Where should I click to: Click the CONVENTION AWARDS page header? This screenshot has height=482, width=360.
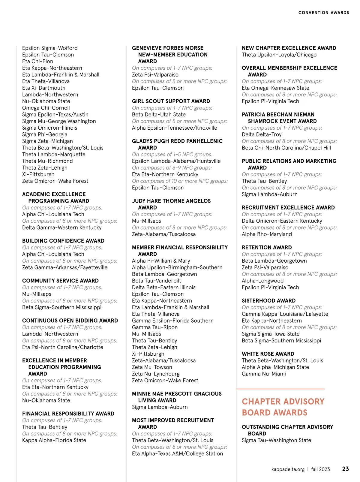tap(323, 13)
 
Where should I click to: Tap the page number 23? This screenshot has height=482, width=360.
tap(345, 469)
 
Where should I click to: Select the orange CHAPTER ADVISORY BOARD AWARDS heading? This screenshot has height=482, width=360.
tap(283, 407)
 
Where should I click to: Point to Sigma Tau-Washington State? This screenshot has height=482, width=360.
tap(276, 440)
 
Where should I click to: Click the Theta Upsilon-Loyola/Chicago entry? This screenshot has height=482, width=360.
tap(279, 55)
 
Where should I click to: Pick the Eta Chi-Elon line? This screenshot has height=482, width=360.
tap(37, 61)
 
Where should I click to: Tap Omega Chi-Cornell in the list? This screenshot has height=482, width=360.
tap(46, 108)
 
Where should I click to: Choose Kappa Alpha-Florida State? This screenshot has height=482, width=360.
tap(54, 440)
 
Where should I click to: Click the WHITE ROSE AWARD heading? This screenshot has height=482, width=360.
tap(268, 354)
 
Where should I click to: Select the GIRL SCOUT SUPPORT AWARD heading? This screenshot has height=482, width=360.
tap(171, 101)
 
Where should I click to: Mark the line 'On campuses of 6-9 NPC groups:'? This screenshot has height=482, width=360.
tap(172, 168)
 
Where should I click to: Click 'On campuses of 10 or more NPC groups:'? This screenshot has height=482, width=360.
tap(180, 181)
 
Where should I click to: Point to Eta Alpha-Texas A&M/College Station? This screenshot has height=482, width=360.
tap(177, 453)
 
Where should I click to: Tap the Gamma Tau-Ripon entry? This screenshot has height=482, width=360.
tap(155, 327)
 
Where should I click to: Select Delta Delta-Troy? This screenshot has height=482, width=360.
tap(262, 134)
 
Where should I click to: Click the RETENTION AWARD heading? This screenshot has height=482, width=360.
tap(267, 247)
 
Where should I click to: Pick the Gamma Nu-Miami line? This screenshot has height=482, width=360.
tap(264, 374)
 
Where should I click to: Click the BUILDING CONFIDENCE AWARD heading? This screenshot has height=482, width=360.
tap(63, 241)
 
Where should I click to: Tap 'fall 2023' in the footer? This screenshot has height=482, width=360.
tap(320, 469)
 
